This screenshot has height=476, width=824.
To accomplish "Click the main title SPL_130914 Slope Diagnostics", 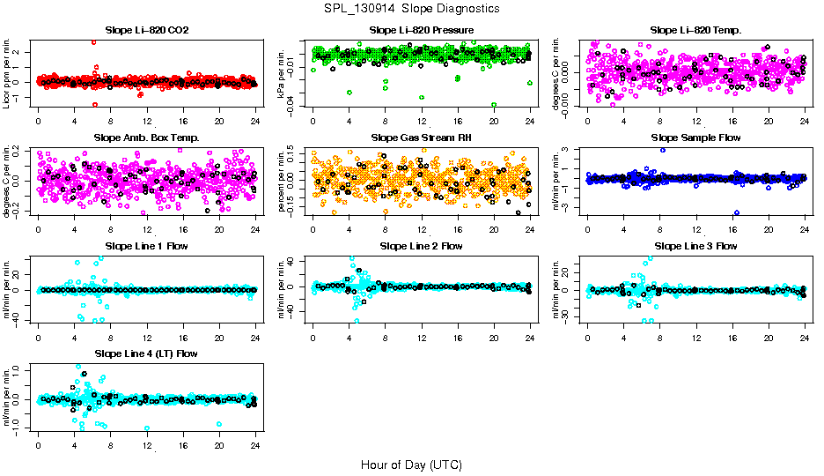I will pos(412,8).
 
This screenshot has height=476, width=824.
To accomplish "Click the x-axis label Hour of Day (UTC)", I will pos(411,464).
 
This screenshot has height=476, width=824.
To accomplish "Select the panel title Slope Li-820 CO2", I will pos(146,30).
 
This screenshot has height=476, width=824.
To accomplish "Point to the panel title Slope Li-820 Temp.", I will pos(695,30).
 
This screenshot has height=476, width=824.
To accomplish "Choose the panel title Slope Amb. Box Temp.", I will pos(146,138).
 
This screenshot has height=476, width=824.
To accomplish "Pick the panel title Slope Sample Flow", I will pos(695,138).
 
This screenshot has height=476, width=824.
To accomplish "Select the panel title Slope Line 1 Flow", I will pos(146,246).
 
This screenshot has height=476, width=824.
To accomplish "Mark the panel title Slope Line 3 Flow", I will pos(695,246).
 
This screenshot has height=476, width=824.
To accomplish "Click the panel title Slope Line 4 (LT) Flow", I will pos(146,353).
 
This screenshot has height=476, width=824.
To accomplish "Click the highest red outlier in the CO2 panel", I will pos(94,42).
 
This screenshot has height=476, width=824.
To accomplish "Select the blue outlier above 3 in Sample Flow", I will pos(662,150).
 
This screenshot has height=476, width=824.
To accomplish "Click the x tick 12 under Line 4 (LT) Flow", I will pos(146,443).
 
